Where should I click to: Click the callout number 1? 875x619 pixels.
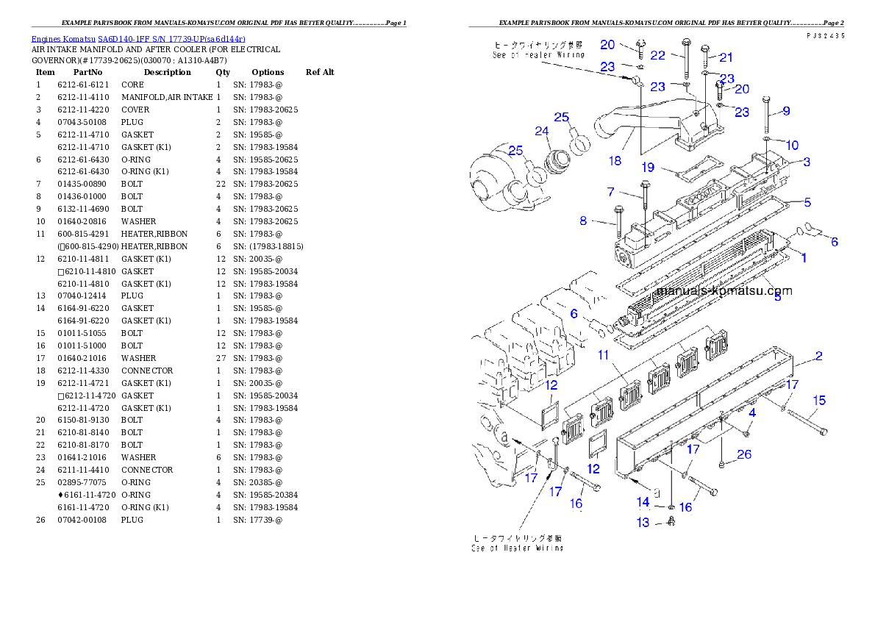click(804, 258)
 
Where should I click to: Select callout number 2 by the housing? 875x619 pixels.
click(818, 357)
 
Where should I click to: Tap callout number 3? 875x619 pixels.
click(807, 162)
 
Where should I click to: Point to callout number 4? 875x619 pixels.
click(752, 413)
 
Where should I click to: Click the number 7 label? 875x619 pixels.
click(611, 192)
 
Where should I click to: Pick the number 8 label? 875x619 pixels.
click(584, 220)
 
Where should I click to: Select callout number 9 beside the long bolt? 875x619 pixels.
click(786, 111)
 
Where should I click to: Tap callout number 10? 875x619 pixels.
click(791, 145)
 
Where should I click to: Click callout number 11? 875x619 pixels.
click(604, 355)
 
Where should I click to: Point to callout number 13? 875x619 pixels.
click(643, 523)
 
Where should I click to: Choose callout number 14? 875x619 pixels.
click(643, 503)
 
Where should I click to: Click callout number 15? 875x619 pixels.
click(818, 401)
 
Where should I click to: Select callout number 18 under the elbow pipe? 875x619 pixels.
click(615, 160)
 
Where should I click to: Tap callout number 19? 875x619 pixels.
click(647, 168)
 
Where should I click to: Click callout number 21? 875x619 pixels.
click(726, 57)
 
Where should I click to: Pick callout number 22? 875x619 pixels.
click(657, 55)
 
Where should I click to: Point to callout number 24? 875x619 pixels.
click(542, 132)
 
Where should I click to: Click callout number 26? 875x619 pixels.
click(743, 454)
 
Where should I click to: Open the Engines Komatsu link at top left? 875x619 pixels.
click(138, 38)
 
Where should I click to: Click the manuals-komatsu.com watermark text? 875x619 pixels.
click(724, 290)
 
